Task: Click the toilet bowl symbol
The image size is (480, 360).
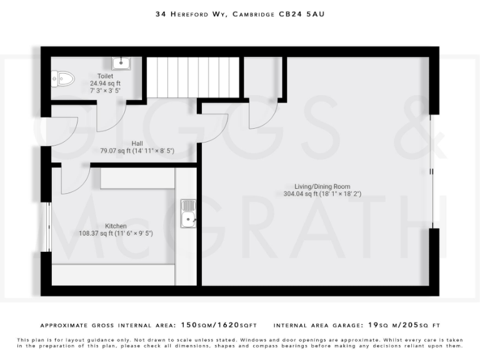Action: pyautogui.click(x=63, y=78)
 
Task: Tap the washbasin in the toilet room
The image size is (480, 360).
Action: pyautogui.click(x=121, y=63)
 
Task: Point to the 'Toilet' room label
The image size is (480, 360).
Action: pyautogui.click(x=105, y=76)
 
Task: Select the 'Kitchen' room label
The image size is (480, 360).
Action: pyautogui.click(x=116, y=226)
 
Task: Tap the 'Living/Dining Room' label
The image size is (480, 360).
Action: pyautogui.click(x=322, y=186)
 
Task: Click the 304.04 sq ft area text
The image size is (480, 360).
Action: pyautogui.click(x=322, y=194)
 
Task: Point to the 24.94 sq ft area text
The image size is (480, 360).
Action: pyautogui.click(x=105, y=83)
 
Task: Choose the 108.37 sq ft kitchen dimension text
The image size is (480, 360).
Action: pyautogui.click(x=116, y=233)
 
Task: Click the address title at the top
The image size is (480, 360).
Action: pyautogui.click(x=240, y=12)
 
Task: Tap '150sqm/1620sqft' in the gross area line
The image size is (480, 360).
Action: pyautogui.click(x=219, y=326)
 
